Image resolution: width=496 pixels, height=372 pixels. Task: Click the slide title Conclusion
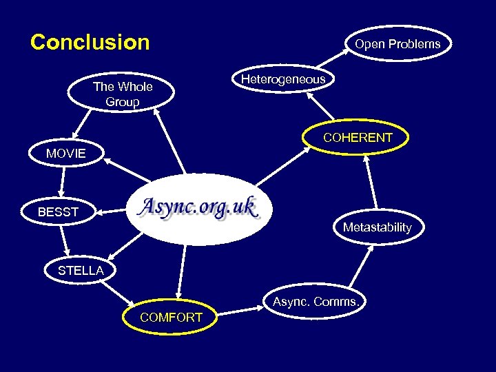coord(90,43)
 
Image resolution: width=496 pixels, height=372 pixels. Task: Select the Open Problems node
coord(397,44)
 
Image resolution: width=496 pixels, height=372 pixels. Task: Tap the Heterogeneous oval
coord(283,80)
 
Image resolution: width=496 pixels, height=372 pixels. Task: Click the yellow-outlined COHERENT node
coord(358,137)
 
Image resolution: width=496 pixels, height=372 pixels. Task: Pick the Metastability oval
coord(377,227)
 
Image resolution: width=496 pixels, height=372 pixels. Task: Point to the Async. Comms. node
coord(316,302)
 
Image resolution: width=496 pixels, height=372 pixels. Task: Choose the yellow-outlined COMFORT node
coord(171,318)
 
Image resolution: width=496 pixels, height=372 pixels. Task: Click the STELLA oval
coord(81,271)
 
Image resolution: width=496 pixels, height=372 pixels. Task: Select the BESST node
coord(59,212)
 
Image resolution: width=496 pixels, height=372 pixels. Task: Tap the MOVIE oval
coord(66,154)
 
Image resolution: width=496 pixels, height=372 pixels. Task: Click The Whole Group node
coord(122,95)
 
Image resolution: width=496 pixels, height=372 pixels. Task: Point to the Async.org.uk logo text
coord(198,207)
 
